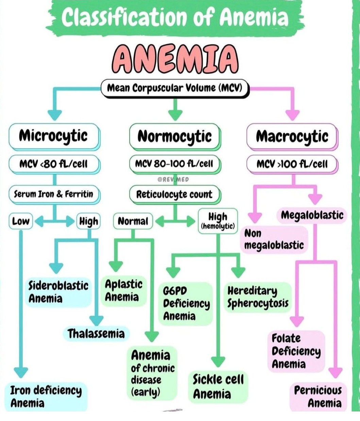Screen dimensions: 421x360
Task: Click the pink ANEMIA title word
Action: [x=175, y=59]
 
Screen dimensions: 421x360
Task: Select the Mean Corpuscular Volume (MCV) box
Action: [x=175, y=88]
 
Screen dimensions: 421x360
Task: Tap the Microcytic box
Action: [x=53, y=136]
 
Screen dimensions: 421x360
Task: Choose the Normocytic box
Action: [x=174, y=136]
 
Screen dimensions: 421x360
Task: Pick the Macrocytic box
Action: [x=292, y=136]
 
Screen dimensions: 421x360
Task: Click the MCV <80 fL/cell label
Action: [x=53, y=164]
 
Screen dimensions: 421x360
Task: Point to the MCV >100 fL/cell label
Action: [x=292, y=164]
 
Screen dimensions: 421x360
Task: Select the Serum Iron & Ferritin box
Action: [x=53, y=194]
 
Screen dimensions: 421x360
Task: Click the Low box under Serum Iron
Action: [x=20, y=222]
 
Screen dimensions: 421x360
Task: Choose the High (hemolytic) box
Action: [x=218, y=221]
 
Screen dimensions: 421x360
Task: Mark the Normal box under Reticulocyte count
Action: [x=133, y=222]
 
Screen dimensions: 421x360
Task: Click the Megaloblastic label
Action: [x=312, y=215]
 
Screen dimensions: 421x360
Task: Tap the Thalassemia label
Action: [x=96, y=334]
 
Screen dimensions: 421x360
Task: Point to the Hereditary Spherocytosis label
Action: [x=258, y=297]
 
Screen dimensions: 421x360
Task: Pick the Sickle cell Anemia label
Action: [x=218, y=387]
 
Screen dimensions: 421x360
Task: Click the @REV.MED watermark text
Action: [x=173, y=179]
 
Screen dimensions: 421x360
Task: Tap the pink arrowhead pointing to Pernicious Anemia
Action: [x=336, y=373]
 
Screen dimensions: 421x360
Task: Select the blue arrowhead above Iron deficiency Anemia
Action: [x=21, y=372]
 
